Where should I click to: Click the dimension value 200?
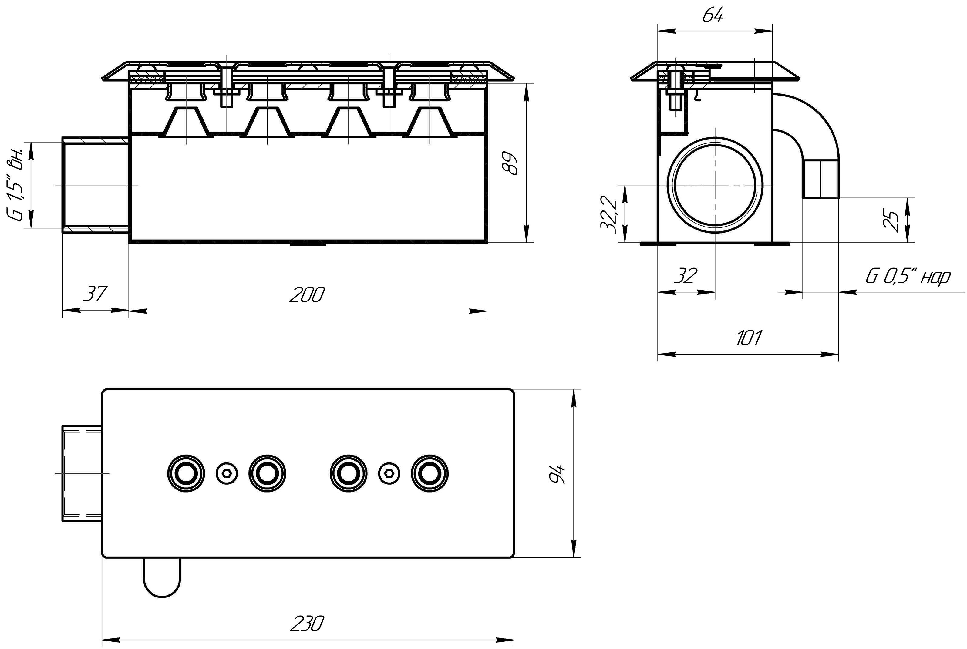307,295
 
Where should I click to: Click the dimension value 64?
713,16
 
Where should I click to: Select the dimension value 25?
891,220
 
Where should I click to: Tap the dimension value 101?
748,338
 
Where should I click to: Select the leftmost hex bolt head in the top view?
227,473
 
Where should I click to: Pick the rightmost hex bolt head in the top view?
389,473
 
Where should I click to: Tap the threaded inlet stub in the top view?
82,473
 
